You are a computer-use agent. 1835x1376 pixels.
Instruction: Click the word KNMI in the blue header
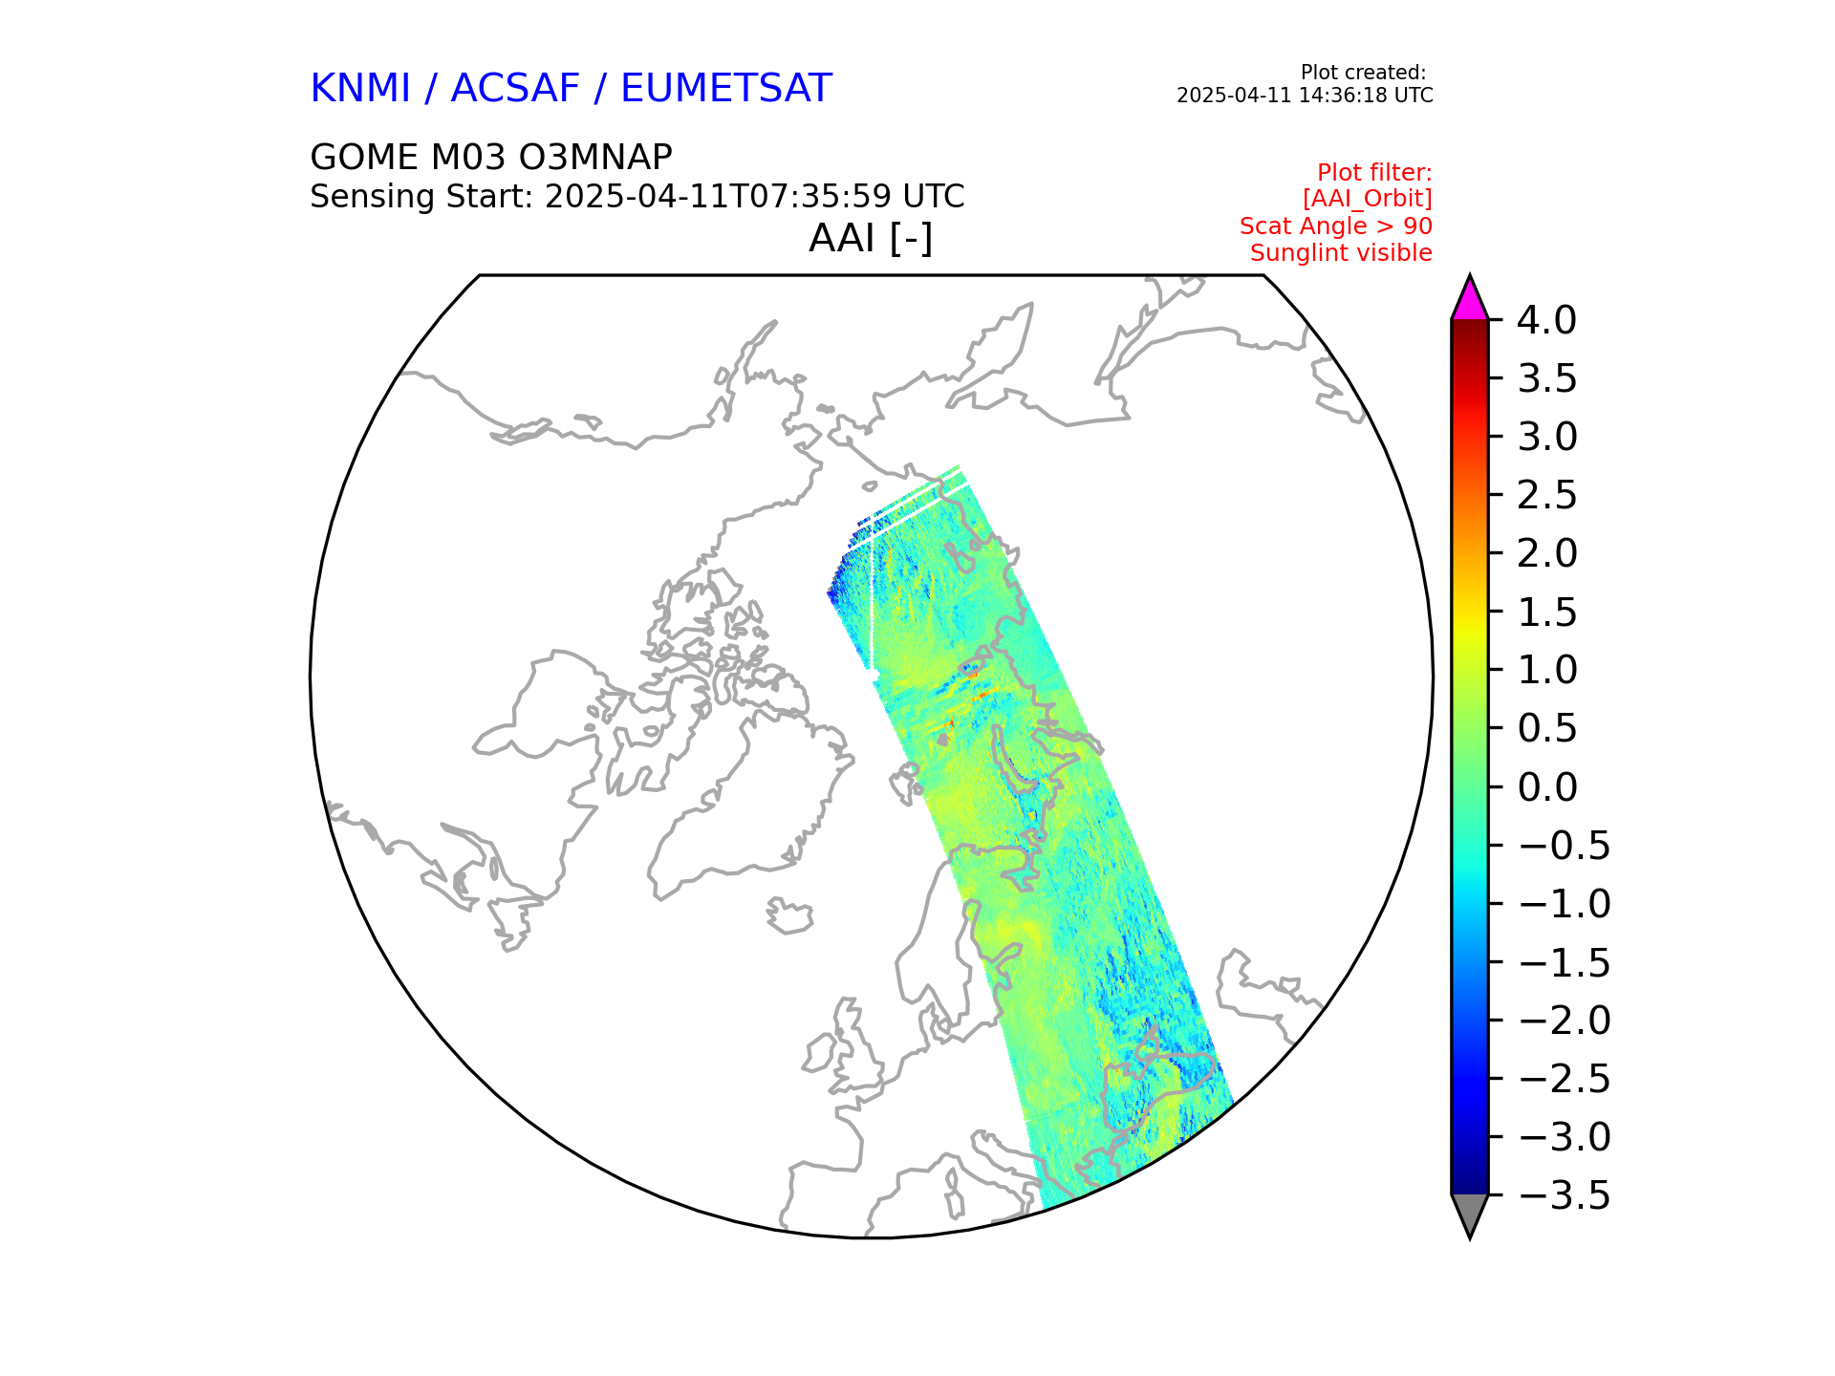coord(360,89)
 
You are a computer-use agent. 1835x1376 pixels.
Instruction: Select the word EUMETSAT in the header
coord(726,89)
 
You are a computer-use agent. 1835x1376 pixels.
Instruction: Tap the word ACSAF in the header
coord(515,89)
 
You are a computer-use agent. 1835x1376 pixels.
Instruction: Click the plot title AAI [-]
coord(870,238)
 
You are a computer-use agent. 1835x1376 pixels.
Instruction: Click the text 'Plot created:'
coord(1363,73)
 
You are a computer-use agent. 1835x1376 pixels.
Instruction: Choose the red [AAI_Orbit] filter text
coord(1367,199)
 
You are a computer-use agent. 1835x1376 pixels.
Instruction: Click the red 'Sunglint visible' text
coord(1341,253)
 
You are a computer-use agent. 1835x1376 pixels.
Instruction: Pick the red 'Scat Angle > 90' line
coord(1335,226)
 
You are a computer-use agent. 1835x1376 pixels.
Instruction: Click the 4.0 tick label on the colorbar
coord(1546,320)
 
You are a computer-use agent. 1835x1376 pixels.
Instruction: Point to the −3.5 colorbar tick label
coord(1564,1195)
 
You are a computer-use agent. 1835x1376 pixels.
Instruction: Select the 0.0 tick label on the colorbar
coord(1546,787)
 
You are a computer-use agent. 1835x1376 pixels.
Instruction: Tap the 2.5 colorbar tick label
coord(1546,495)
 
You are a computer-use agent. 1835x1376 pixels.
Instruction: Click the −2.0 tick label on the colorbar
coord(1564,1021)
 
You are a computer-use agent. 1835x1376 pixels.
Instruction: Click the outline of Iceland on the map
coord(789,917)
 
